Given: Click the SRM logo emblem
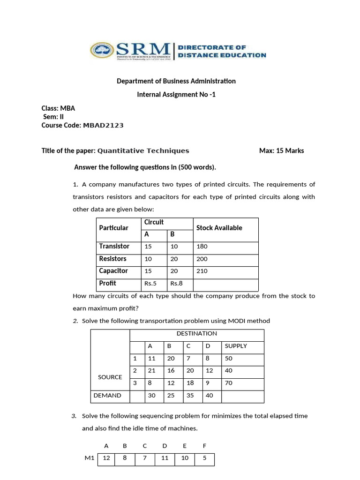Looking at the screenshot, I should (x=102, y=51).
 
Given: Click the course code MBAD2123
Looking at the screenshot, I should (x=103, y=125).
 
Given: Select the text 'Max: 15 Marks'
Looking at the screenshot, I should (x=281, y=150).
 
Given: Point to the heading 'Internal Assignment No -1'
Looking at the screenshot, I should (x=176, y=94).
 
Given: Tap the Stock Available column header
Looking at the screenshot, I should (x=219, y=228).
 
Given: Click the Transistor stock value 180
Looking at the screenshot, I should (x=202, y=247).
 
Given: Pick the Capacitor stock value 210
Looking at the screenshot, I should (x=202, y=271).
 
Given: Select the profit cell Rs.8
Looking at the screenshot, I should (x=176, y=283).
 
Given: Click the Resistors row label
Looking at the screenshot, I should (x=112, y=259).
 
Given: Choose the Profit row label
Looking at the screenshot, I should (x=107, y=283).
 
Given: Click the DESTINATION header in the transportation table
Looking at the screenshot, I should (x=196, y=334).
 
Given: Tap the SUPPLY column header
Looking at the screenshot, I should (x=236, y=346).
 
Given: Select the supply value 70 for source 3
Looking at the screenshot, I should (x=229, y=383).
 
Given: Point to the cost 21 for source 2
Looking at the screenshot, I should (x=151, y=370).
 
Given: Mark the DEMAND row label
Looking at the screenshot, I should (x=107, y=395).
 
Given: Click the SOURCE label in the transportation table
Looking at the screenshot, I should (x=110, y=377).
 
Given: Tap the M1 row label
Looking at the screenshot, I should (x=90, y=458).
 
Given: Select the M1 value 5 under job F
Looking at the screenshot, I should (x=204, y=458).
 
